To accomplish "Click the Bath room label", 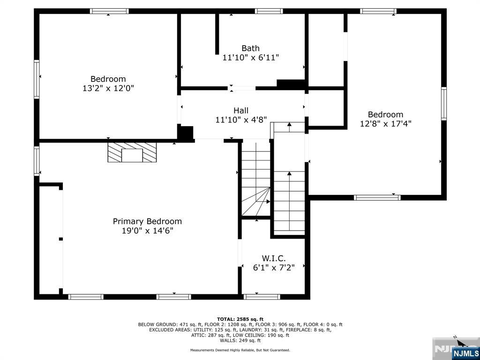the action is point(250,48).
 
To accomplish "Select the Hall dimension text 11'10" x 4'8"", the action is point(241,120).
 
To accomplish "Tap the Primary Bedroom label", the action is point(147,221).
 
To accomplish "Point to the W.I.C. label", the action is point(274,258).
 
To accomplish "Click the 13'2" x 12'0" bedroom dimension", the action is point(108,88).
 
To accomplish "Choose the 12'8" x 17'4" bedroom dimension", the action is point(385,123).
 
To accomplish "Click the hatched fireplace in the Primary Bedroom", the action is point(132,152).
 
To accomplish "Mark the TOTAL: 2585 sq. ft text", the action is point(240,319).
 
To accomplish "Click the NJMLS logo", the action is point(465,353).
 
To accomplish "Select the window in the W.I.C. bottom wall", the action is point(262,297).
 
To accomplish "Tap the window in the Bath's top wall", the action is point(269,11).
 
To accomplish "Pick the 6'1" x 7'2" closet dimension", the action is point(274,268).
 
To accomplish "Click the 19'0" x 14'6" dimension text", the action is point(148,231).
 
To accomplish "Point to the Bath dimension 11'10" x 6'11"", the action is point(251,57).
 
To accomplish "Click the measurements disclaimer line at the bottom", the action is point(240,350).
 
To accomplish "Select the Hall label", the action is point(241,110).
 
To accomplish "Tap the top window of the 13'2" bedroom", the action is point(109,11).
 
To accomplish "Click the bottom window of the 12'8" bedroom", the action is point(377,197).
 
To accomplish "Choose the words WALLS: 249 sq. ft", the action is point(240,340).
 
